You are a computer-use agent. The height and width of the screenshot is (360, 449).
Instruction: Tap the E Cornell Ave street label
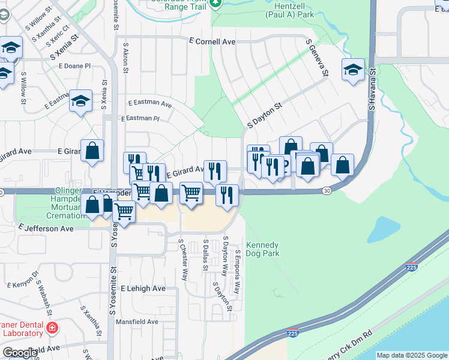[212, 42]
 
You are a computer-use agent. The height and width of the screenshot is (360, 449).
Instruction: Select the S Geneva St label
[318, 58]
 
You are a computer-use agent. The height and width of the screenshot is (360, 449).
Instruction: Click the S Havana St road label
[372, 89]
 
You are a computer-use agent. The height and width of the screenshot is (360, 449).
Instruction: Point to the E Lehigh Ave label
[143, 289]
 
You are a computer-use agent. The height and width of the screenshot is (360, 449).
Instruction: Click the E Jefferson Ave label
[46, 229]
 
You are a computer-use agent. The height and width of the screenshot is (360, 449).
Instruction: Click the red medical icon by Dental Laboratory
[53, 328]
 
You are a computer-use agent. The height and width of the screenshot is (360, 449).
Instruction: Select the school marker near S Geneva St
[353, 70]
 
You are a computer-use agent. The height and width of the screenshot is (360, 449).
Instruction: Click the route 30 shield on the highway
[326, 191]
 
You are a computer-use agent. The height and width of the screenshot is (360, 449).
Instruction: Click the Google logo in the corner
[20, 353]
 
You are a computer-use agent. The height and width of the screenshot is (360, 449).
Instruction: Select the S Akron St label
[126, 58]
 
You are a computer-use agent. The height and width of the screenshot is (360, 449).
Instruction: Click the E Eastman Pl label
[139, 119]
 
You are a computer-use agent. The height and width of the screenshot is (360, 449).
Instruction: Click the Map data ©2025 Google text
[412, 355]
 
